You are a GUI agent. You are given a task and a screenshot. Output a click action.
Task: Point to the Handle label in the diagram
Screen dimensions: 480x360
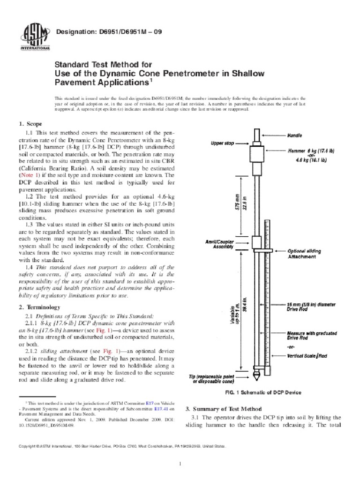(x=295, y=135)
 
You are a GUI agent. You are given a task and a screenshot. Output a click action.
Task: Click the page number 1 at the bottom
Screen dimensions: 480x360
(x=180, y=464)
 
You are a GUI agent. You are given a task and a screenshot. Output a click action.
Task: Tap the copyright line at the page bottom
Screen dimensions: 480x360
(x=122, y=447)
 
